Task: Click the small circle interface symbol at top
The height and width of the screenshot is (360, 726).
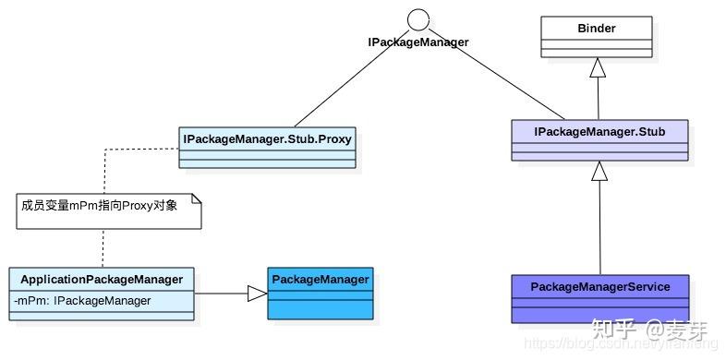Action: tap(418, 19)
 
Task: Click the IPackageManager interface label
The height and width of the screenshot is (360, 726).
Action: tap(418, 42)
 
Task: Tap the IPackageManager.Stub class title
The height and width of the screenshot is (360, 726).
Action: tap(599, 133)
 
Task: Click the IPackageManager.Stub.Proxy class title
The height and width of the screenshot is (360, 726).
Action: tap(268, 140)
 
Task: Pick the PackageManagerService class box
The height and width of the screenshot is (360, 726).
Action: tap(600, 297)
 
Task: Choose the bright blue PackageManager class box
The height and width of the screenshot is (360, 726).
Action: tap(321, 293)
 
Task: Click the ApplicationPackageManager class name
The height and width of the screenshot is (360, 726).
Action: tap(102, 280)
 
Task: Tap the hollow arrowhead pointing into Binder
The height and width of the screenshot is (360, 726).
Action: tap(599, 67)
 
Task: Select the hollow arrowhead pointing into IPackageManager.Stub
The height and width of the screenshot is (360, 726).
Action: tap(599, 171)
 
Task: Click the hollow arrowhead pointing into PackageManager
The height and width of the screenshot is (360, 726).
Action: tap(257, 294)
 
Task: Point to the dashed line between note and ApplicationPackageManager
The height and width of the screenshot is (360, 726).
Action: tap(103, 247)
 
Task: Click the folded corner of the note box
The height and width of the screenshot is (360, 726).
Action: tap(195, 198)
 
